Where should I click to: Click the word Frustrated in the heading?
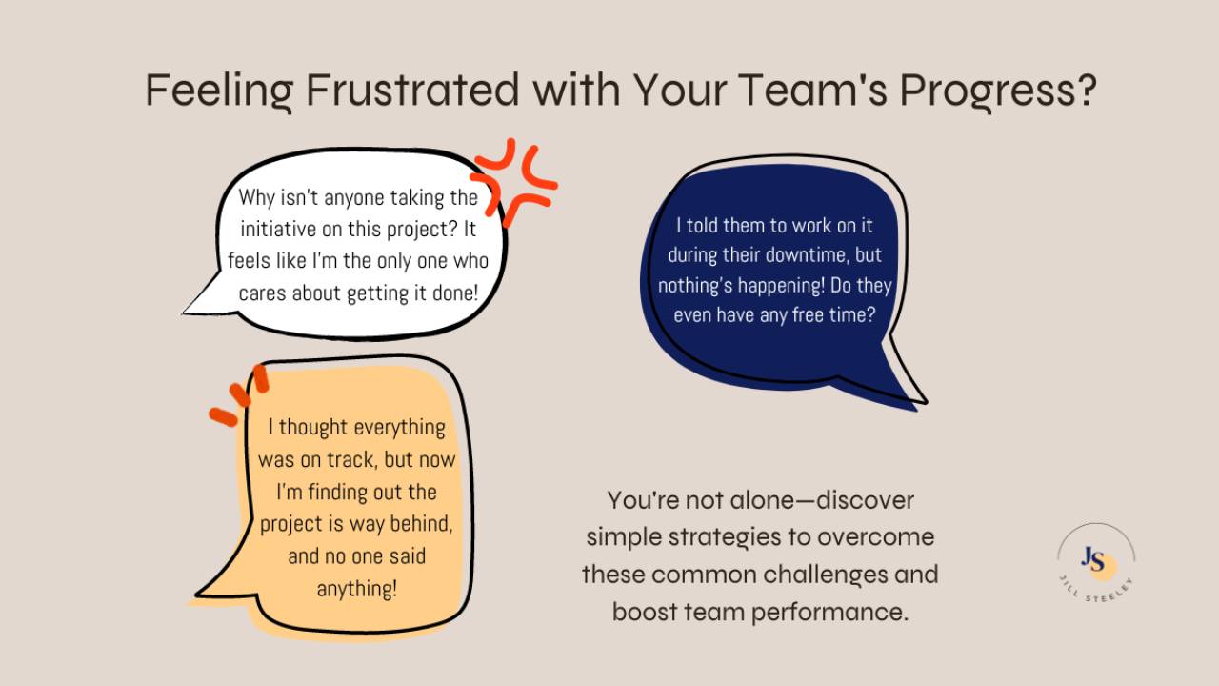point(412,91)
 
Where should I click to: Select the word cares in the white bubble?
point(262,293)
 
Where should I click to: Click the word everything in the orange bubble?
point(400,428)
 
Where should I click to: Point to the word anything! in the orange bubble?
point(356,589)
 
